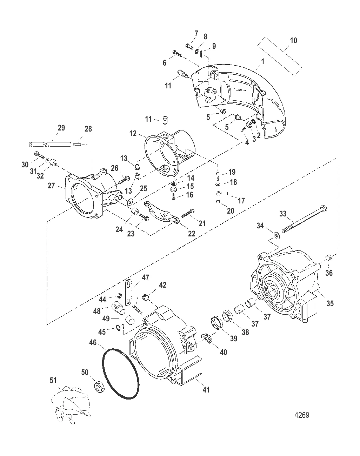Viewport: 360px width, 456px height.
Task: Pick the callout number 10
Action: coord(293,40)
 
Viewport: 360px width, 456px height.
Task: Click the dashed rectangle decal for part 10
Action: coord(280,56)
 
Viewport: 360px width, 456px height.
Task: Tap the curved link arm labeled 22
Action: coord(162,213)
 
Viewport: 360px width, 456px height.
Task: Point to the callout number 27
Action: coord(51,186)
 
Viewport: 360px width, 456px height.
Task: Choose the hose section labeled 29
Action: coord(49,145)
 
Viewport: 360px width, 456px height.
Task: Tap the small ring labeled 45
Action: coord(119,328)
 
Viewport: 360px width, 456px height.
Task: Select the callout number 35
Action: coord(330,303)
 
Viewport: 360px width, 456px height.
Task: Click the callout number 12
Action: coord(133,133)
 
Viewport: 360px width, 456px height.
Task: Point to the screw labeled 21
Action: coord(188,213)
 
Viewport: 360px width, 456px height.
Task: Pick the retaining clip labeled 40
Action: coord(206,338)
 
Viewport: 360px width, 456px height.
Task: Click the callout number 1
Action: coord(263,61)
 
